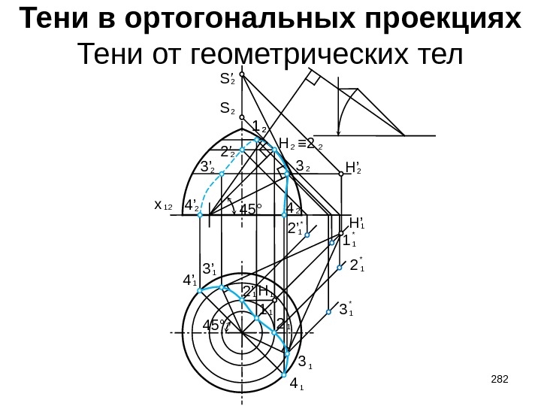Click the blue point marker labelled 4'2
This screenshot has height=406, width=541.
pos(201,215)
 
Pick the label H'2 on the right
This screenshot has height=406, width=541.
pos(353,165)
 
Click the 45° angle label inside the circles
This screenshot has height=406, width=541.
pos(214,326)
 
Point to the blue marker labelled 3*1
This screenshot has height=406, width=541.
pos(329,311)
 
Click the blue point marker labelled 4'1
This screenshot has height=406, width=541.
pos(198,290)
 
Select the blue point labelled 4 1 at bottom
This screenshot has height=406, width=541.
pos(285,374)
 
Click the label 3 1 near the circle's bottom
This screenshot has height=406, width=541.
pos(304,361)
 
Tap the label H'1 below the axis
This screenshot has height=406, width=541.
pos(358,223)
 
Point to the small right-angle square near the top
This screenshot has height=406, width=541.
pos(313,79)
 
